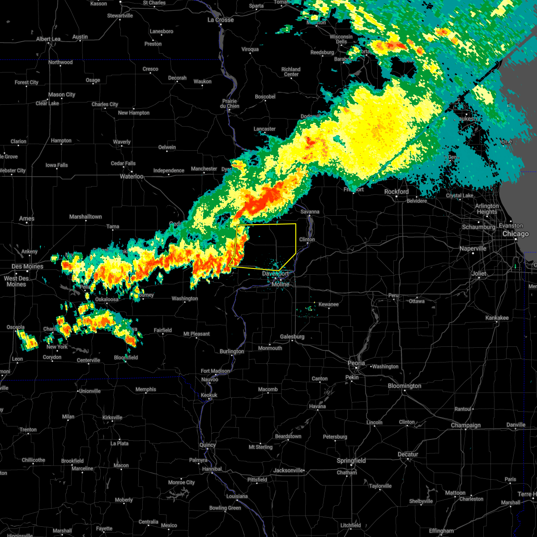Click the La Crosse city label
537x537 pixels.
[221, 20]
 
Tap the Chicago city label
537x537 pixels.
[516, 234]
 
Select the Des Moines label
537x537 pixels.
[27, 267]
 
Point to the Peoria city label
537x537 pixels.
[356, 363]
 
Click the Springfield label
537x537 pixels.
[352, 460]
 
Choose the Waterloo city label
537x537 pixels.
[132, 176]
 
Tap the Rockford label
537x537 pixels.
[396, 192]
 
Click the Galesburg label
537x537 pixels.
[292, 337]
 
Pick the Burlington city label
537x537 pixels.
[232, 351]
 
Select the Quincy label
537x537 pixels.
[208, 445]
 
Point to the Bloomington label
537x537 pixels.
[405, 386]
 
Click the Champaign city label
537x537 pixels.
[466, 425]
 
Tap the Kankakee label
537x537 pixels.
[497, 318]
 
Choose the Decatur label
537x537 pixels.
[408, 454]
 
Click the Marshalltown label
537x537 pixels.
[85, 217]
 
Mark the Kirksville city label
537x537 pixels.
[112, 418]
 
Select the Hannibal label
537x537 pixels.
[212, 469]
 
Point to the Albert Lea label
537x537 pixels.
[48, 39]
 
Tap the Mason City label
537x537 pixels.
[62, 94]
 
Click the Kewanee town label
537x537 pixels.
[328, 304]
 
